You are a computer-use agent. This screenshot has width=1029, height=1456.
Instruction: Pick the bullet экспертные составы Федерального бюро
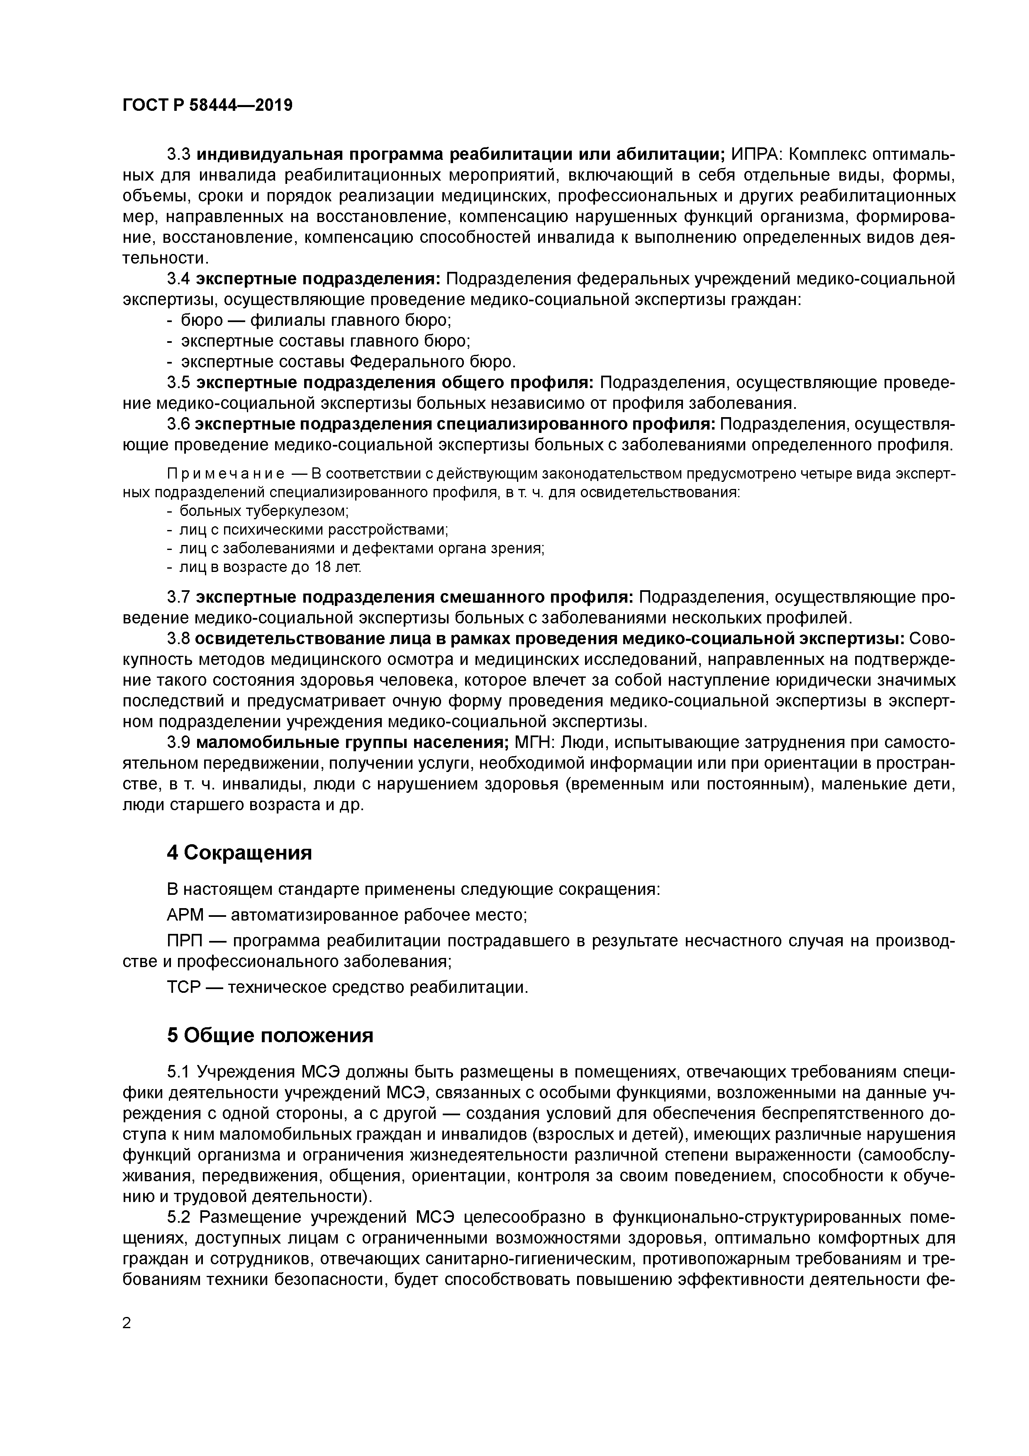348,362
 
